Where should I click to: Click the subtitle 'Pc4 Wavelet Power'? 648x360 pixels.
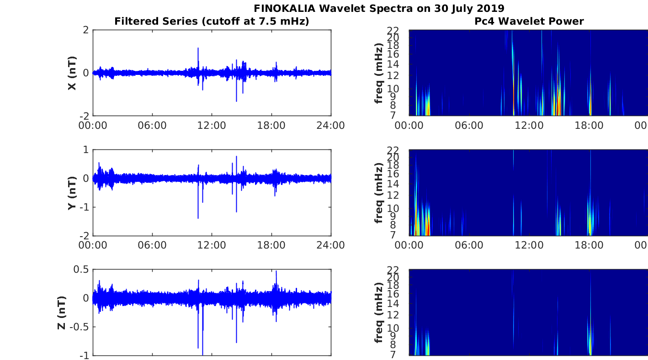click(529, 21)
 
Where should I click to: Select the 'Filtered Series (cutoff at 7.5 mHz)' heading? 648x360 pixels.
click(212, 21)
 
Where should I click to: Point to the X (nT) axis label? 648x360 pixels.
click(72, 73)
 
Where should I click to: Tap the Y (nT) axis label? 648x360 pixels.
click(72, 193)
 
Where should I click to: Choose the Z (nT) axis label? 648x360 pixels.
click(62, 313)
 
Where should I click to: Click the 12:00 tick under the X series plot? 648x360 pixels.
click(212, 126)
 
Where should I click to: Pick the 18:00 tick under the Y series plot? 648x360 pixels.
click(271, 245)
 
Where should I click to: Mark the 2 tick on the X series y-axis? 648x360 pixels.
click(85, 30)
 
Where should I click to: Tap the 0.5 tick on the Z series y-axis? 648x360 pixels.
click(81, 270)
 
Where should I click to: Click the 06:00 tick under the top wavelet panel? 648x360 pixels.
click(469, 126)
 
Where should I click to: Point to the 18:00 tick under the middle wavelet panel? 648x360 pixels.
click(589, 245)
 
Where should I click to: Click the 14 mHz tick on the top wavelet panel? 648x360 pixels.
click(393, 64)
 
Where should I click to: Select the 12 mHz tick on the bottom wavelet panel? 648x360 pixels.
click(393, 315)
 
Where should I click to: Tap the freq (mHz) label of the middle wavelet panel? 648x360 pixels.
click(378, 193)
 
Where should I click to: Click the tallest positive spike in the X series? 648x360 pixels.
click(198, 48)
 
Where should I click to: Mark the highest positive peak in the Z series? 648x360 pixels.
click(276, 271)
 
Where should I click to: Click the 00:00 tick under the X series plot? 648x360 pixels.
click(93, 126)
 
